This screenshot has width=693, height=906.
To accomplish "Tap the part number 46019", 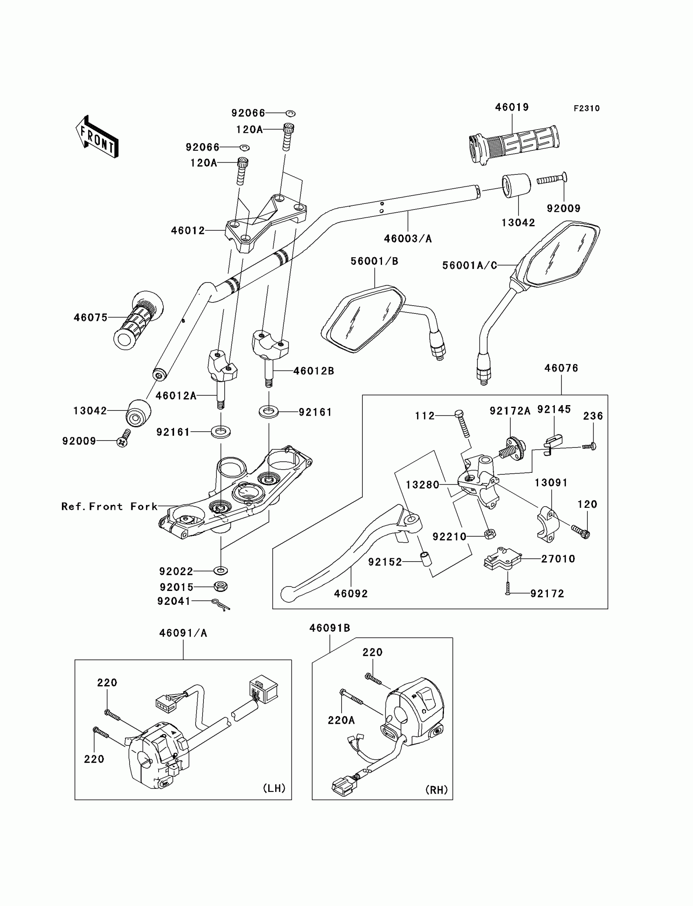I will click(512, 107).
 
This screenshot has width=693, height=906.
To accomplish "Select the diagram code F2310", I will click(587, 108).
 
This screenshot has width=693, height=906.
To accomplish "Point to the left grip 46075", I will click(138, 320).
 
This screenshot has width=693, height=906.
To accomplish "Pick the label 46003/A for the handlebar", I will click(408, 239).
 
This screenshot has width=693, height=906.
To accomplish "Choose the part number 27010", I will click(558, 559).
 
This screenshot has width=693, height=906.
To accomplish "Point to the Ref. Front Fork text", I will click(109, 507).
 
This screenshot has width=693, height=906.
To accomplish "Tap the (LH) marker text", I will click(274, 788).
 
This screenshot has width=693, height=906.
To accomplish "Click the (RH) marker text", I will click(437, 790).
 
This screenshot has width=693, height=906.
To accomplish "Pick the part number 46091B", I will click(330, 628).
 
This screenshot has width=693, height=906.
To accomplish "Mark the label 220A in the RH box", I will click(341, 720).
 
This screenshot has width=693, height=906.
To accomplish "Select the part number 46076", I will click(561, 368).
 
